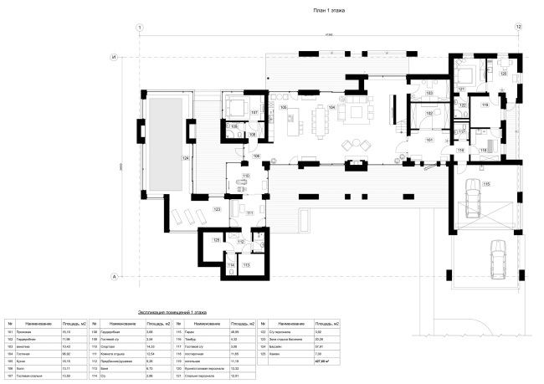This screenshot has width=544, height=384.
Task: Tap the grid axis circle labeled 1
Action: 138,28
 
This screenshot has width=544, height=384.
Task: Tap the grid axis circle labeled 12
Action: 519,28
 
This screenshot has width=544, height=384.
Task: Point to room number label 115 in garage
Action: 485,183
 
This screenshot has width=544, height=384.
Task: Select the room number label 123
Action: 217,208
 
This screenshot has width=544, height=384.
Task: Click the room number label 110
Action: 246,177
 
